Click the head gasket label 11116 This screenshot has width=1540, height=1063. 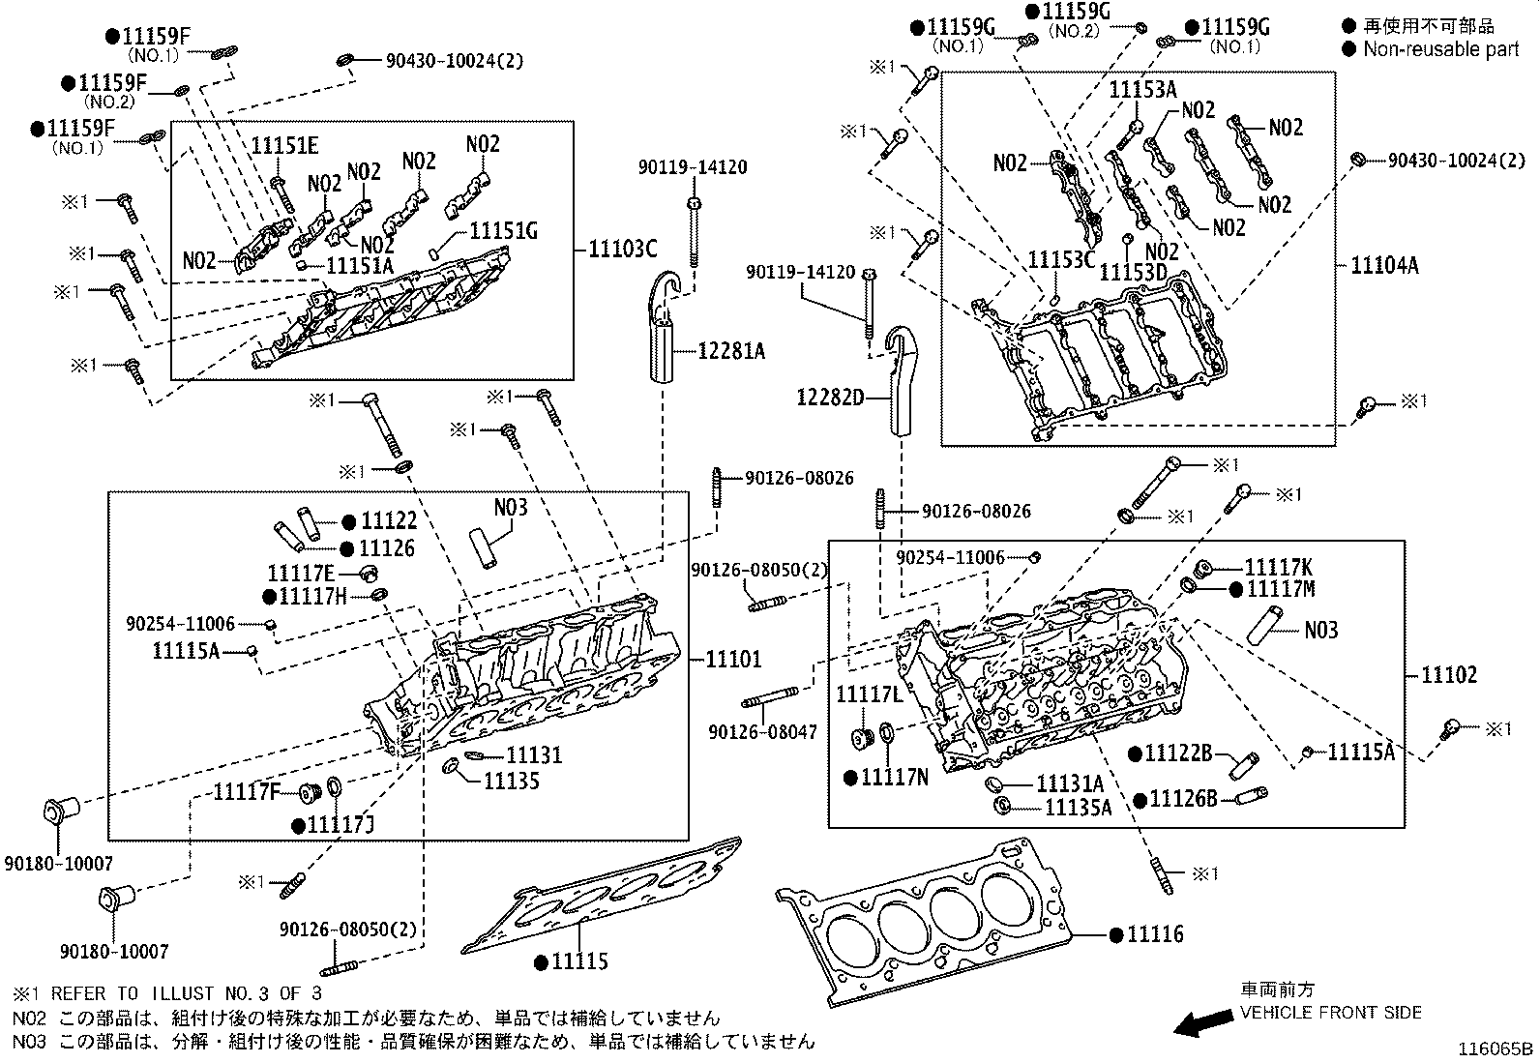(x=1155, y=934)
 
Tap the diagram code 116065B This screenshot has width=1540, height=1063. (x=1496, y=1048)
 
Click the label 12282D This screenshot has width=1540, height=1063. (x=830, y=397)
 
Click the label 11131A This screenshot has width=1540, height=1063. (x=1070, y=782)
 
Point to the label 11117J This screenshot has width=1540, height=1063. (x=340, y=825)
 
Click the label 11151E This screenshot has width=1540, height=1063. (x=284, y=146)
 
